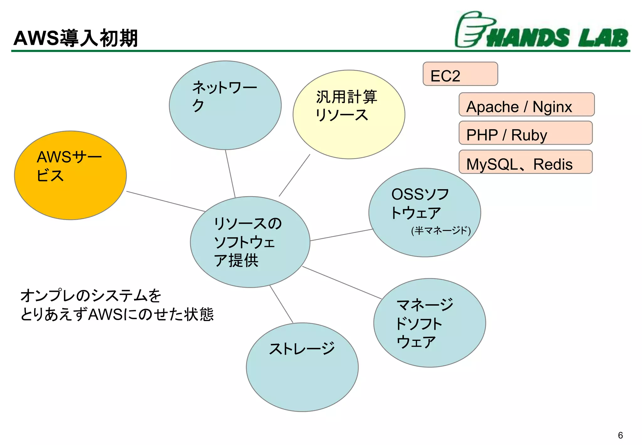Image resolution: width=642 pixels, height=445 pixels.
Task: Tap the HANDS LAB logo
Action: point(542,31)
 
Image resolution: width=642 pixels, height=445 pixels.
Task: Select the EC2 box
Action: point(460,74)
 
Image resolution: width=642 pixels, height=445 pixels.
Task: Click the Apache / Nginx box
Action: point(526,105)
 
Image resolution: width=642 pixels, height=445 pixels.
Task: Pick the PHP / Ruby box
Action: point(525,133)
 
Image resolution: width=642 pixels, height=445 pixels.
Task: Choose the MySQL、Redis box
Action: point(525,162)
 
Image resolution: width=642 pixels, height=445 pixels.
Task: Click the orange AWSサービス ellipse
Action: point(71,175)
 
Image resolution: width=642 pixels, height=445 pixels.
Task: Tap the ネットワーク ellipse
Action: point(225,105)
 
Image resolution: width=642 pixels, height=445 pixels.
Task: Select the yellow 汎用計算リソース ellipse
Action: point(349,115)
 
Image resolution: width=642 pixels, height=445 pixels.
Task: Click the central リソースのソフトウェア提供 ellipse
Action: point(250,242)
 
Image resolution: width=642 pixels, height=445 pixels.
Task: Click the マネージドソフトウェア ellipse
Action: point(429,323)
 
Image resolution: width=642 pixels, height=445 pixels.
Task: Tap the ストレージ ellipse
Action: point(302,367)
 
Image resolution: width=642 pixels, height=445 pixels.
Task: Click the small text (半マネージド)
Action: point(441,231)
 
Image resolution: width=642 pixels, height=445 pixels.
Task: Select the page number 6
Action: point(620,435)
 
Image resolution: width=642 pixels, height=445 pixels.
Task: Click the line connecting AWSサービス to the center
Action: point(166,201)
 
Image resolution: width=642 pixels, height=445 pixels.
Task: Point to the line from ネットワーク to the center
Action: point(230,173)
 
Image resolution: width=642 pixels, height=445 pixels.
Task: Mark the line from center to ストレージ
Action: point(281,304)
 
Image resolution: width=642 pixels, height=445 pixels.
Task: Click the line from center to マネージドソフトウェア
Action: point(342,282)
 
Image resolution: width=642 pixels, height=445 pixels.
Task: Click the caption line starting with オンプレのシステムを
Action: point(91,296)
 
